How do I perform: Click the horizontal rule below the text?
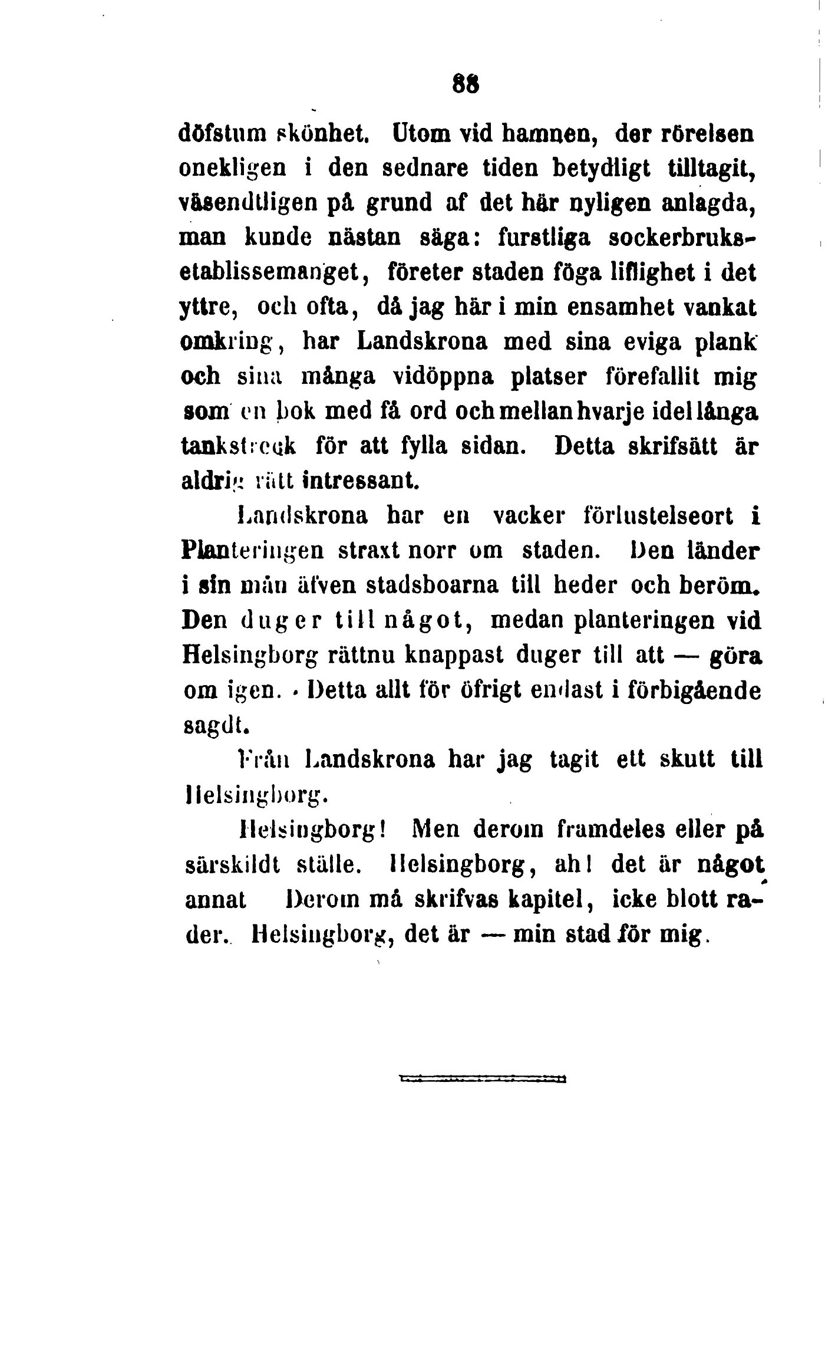tap(482, 1079)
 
